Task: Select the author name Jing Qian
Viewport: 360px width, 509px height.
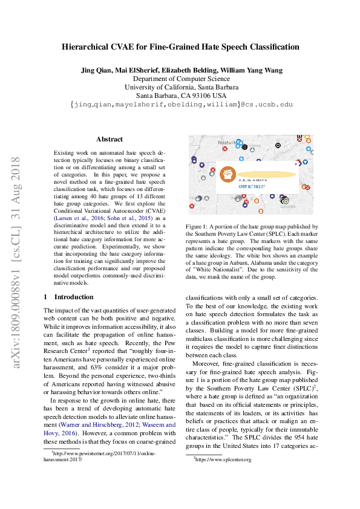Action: pos(96,70)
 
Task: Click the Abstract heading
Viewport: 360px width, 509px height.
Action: pos(109,139)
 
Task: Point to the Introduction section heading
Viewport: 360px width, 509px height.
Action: pos(74,297)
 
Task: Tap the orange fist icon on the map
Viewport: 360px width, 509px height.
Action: pos(227,173)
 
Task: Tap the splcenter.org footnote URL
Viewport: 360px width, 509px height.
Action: pos(224,459)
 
